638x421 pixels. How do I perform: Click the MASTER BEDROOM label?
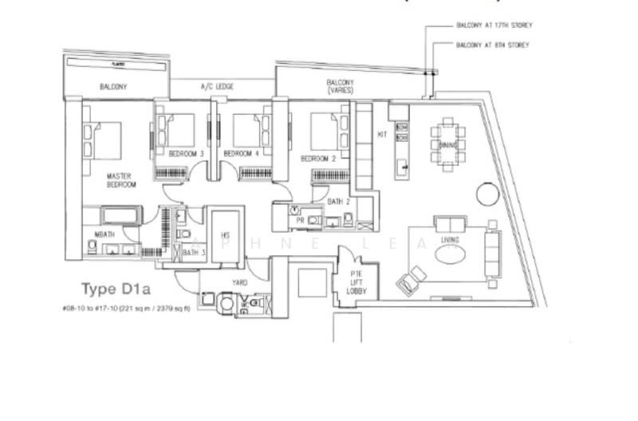[121, 179]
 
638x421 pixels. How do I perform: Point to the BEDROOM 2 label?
[317, 159]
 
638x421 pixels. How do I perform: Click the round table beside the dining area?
[485, 194]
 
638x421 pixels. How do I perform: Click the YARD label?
[239, 282]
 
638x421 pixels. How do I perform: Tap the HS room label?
[226, 237]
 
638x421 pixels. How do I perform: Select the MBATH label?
[104, 234]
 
